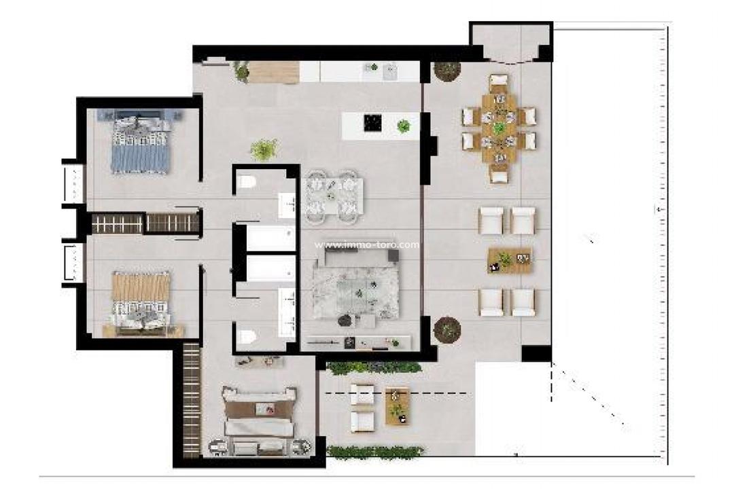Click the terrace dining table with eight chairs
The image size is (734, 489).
(x=500, y=128)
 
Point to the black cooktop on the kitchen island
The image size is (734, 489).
(x=372, y=123)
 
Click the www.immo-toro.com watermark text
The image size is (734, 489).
(x=367, y=245)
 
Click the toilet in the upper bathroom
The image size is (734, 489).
(x=247, y=181)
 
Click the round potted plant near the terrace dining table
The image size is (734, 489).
(x=447, y=71)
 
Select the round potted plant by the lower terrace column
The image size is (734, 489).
(x=447, y=330)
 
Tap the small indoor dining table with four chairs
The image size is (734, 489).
(x=332, y=197)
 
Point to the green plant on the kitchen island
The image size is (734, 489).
(x=404, y=126)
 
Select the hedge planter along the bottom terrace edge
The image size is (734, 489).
(x=374, y=451)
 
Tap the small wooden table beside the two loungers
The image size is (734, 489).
(x=397, y=406)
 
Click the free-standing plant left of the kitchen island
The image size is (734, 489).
(x=264, y=149)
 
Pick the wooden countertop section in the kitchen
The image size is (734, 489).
(x=274, y=72)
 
